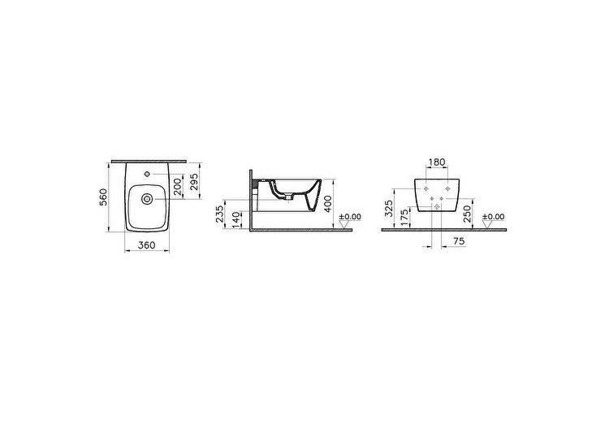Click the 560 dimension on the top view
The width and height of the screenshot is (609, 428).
(104, 197)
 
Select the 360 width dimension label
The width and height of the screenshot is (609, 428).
(147, 245)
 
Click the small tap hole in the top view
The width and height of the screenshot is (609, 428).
(147, 173)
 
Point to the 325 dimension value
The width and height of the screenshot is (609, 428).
(389, 209)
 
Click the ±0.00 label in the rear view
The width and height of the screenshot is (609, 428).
(493, 217)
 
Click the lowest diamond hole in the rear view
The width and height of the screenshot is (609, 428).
(438, 207)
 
